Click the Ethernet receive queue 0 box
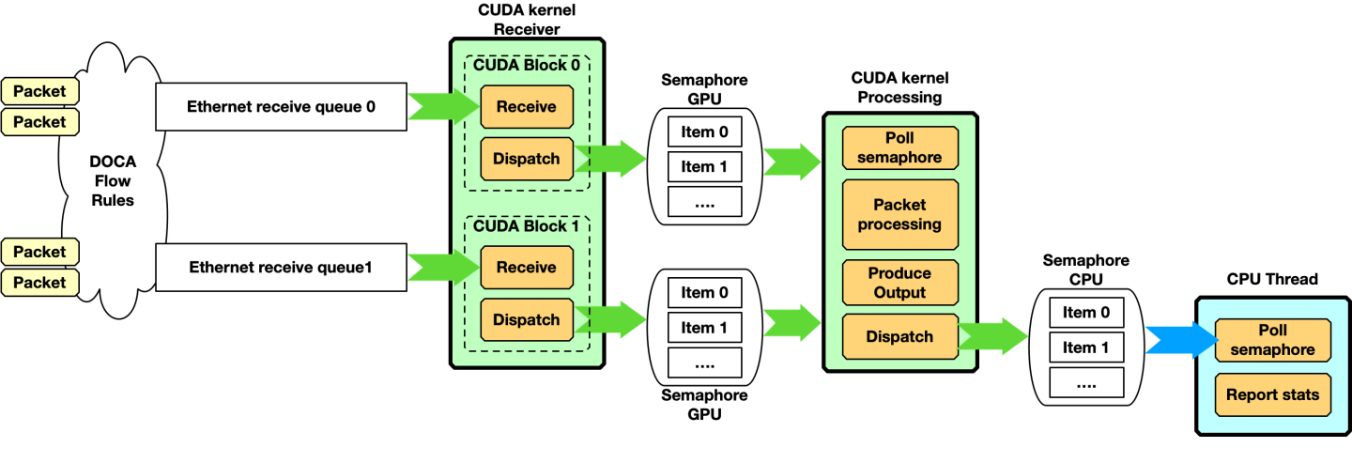pyautogui.click(x=281, y=107)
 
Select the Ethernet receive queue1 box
pyautogui.click(x=281, y=268)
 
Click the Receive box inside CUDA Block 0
pyautogui.click(x=526, y=107)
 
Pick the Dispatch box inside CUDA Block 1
pyautogui.click(x=526, y=319)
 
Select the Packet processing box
pyautogui.click(x=899, y=215)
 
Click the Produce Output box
pyautogui.click(x=899, y=283)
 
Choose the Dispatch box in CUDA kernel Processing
pyautogui.click(x=899, y=337)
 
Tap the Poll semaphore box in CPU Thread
pyautogui.click(x=1272, y=341)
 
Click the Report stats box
pyautogui.click(x=1272, y=394)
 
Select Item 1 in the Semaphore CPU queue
pyautogui.click(x=1085, y=347)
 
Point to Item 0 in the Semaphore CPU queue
pyautogui.click(x=1085, y=313)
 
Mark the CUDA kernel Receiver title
pyautogui.click(x=526, y=20)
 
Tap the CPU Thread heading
pyautogui.click(x=1272, y=279)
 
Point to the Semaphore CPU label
pyautogui.click(x=1085, y=270)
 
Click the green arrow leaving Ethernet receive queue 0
pyautogui.click(x=442, y=107)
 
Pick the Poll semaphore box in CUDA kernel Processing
pyautogui.click(x=899, y=148)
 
